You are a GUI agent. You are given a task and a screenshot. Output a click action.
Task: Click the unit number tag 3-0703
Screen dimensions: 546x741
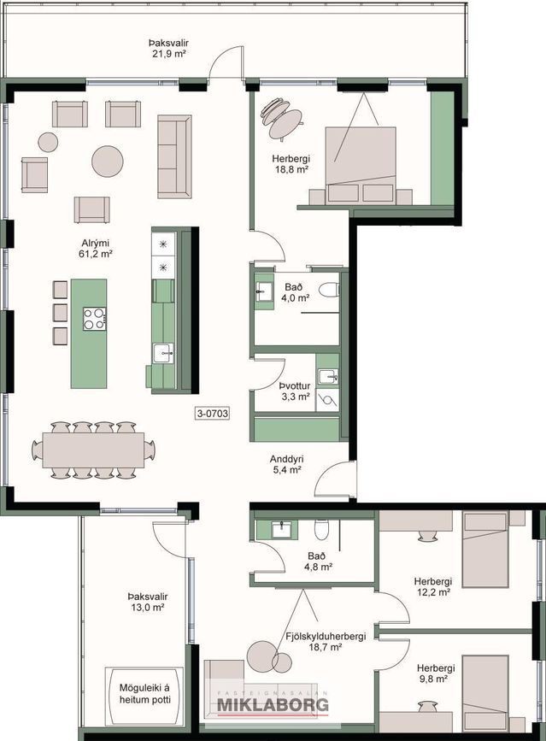click(x=212, y=414)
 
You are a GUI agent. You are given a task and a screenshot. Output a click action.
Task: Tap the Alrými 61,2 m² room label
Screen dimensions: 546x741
click(x=96, y=249)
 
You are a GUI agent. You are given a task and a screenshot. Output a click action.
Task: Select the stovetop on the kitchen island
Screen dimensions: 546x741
click(x=95, y=319)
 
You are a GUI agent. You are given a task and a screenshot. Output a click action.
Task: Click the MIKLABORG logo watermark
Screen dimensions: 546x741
click(x=273, y=704)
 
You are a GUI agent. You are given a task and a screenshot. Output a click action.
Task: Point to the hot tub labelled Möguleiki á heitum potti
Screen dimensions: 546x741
click(x=144, y=695)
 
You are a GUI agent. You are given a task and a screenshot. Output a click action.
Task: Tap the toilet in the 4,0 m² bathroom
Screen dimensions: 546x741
click(x=329, y=290)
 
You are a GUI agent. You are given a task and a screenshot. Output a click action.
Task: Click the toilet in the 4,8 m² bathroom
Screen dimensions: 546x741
click(x=321, y=529)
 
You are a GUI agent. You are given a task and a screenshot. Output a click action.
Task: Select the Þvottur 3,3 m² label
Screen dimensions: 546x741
click(x=296, y=391)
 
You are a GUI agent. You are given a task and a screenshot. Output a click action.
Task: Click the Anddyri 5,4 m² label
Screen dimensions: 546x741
click(x=287, y=464)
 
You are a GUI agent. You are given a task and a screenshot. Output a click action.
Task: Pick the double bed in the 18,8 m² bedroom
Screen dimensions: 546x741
click(x=361, y=166)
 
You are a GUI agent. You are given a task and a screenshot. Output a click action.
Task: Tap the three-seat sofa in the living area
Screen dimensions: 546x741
click(x=174, y=156)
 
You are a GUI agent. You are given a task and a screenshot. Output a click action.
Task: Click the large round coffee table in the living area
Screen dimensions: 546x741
click(x=108, y=162)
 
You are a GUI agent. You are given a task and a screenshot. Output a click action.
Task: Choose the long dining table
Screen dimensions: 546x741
click(x=93, y=450)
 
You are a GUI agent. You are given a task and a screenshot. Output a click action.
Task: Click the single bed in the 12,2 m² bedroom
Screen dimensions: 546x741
click(x=485, y=550)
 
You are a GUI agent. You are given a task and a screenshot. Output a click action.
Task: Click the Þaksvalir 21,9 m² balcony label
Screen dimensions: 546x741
click(x=168, y=48)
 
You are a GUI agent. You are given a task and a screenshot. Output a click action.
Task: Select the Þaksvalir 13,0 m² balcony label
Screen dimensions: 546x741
click(x=147, y=602)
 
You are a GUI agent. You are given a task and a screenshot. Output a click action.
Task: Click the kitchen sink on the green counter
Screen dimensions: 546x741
click(x=163, y=353)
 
